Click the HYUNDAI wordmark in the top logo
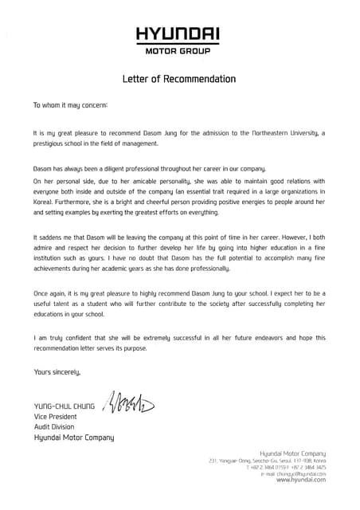[178, 34]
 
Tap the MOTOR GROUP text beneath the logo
[178, 52]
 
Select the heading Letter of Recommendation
[179, 80]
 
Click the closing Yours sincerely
[57, 372]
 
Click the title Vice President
[55, 416]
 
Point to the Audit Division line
[54, 426]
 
